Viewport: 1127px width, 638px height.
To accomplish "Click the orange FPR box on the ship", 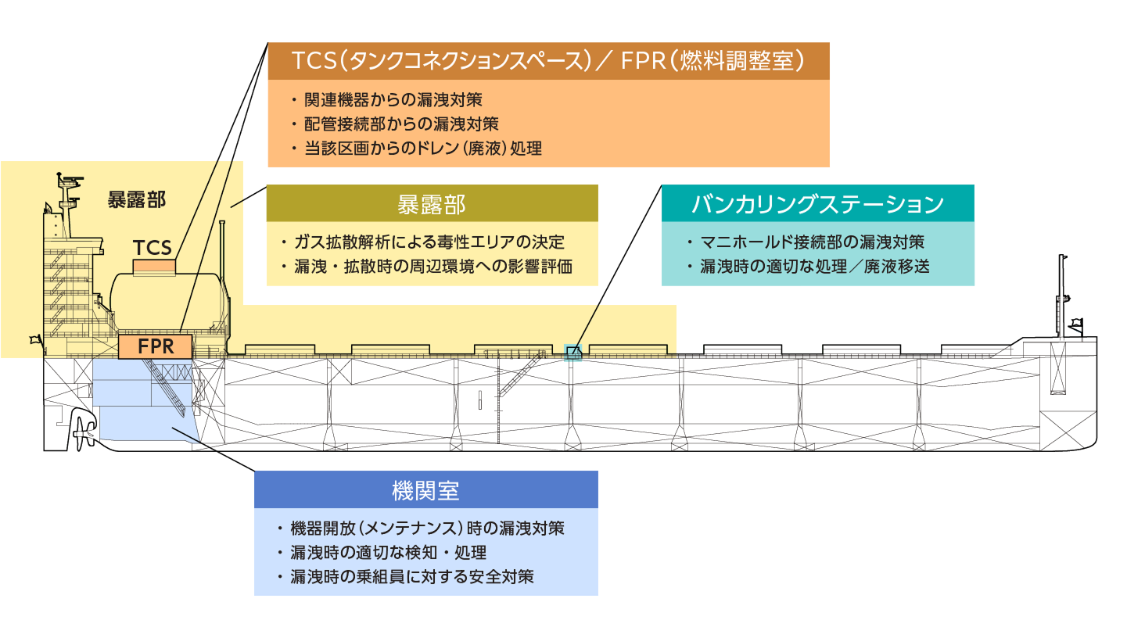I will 156,346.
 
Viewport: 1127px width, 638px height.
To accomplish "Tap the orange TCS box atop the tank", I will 154,267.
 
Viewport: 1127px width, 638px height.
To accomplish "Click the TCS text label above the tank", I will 152,248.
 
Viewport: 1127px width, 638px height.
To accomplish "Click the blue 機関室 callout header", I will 425,489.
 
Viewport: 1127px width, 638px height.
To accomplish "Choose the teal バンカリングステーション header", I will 817,203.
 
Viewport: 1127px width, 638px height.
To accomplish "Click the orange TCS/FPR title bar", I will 547,60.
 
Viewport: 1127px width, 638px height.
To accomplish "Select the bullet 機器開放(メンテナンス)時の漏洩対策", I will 427,528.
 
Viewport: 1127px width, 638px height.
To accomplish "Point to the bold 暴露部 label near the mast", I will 136,199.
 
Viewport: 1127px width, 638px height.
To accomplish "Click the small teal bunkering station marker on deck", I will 573,352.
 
